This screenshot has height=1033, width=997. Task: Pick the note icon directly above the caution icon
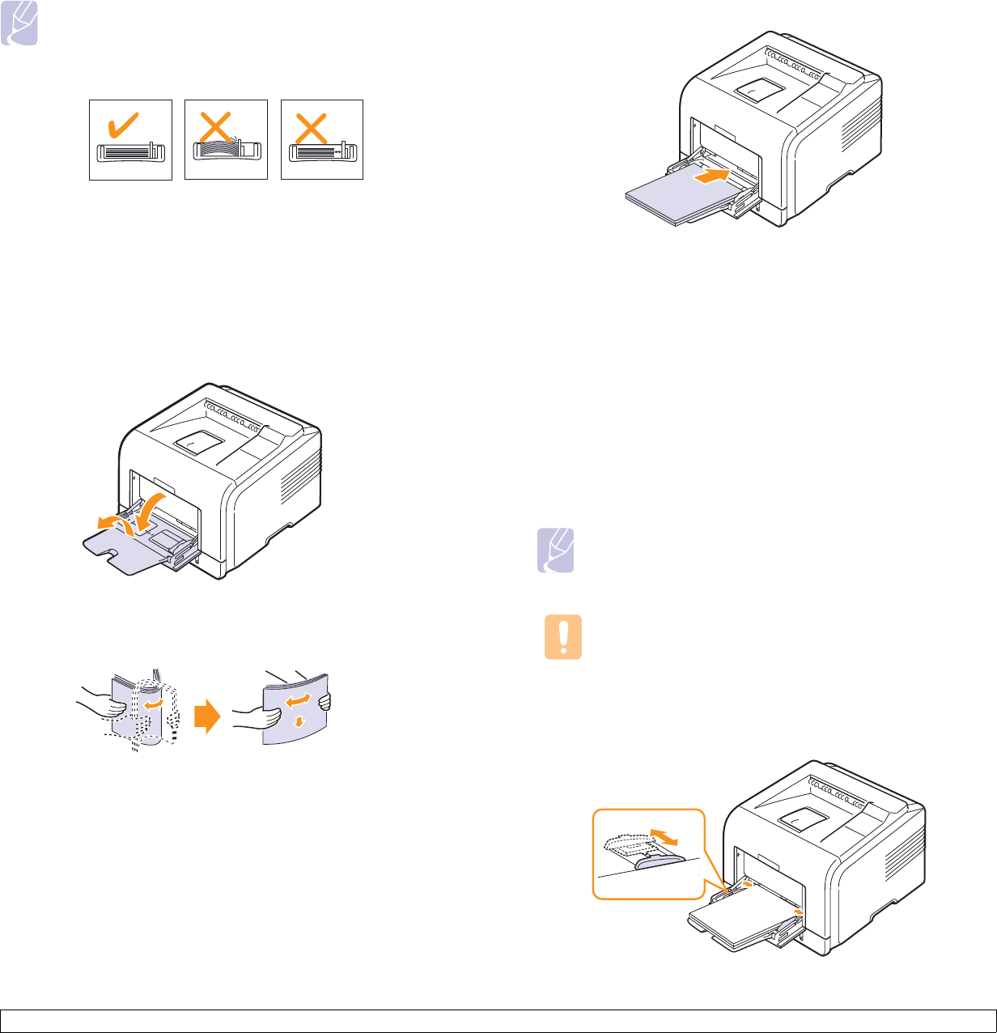556,551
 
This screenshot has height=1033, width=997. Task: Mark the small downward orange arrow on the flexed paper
299,721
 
